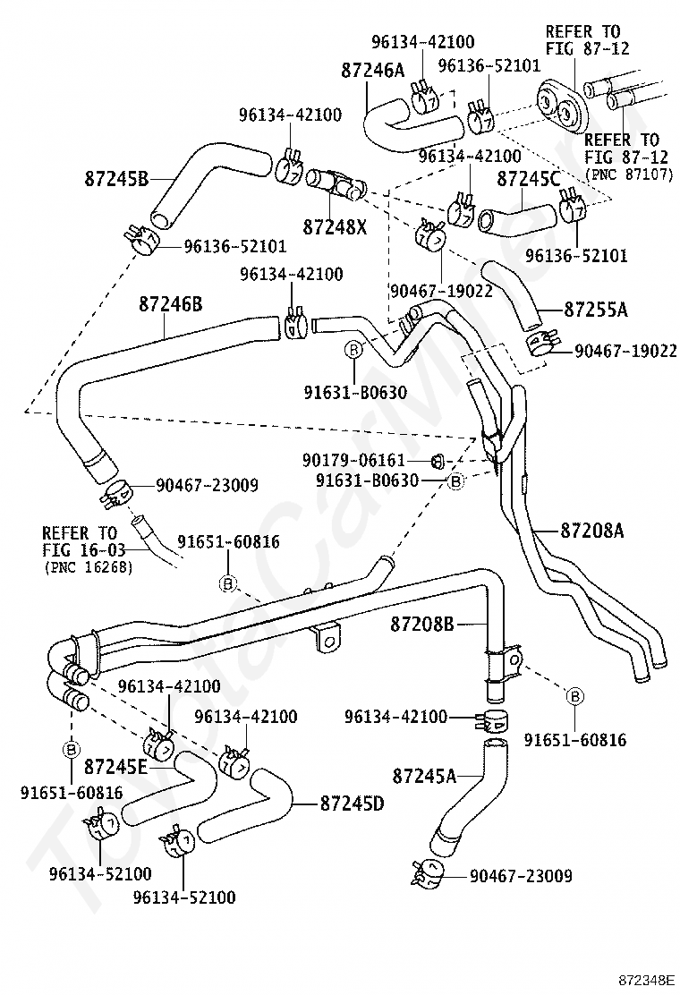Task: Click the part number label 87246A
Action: [x=372, y=69]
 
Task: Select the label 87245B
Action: [x=116, y=179]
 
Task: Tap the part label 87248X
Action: [x=335, y=226]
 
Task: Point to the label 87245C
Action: [x=529, y=179]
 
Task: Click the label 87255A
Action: [x=596, y=310]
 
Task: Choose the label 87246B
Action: [x=171, y=304]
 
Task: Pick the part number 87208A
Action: [x=591, y=530]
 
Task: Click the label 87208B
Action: [x=421, y=625]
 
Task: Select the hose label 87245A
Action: [x=424, y=776]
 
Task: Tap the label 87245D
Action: [x=352, y=804]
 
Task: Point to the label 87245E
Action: [x=115, y=767]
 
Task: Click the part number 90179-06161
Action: [x=353, y=459]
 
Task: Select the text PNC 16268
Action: [x=89, y=567]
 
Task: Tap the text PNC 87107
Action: [x=629, y=174]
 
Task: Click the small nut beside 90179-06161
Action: [x=437, y=459]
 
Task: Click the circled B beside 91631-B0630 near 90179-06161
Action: [x=455, y=481]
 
